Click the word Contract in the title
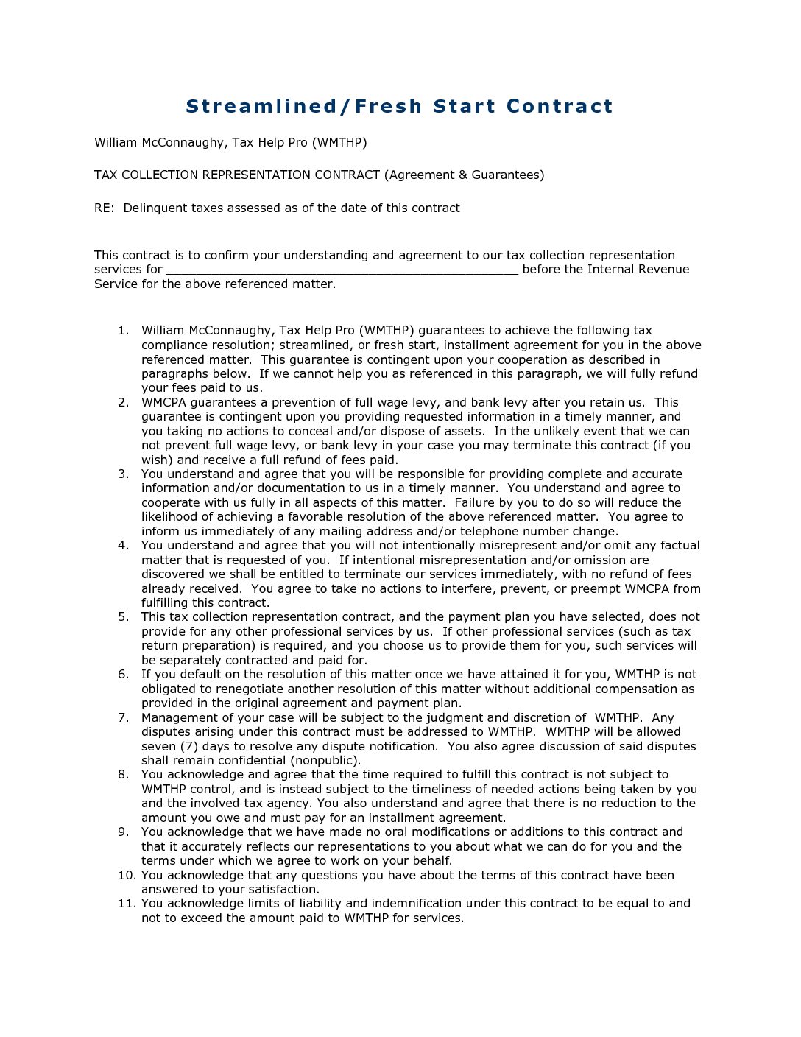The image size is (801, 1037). (x=560, y=107)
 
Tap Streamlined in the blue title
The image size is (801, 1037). (x=261, y=107)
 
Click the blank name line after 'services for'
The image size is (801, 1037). (x=342, y=270)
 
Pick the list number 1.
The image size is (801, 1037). (x=123, y=331)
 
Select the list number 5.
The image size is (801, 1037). (x=123, y=617)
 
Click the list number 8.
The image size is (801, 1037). (x=123, y=775)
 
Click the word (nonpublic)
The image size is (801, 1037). (x=325, y=761)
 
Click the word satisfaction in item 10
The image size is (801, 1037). (x=283, y=890)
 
